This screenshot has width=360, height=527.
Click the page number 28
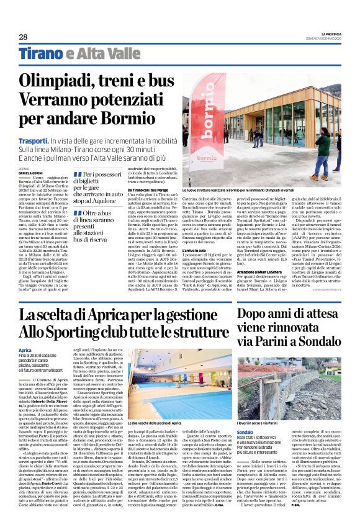click(23, 38)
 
